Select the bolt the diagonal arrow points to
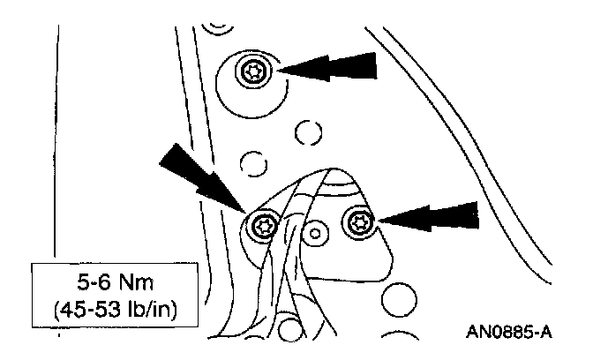click(x=262, y=225)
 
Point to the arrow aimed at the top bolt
click(x=327, y=67)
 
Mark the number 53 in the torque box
click(x=110, y=311)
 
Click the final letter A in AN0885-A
click(x=547, y=333)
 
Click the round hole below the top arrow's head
click(x=307, y=132)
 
